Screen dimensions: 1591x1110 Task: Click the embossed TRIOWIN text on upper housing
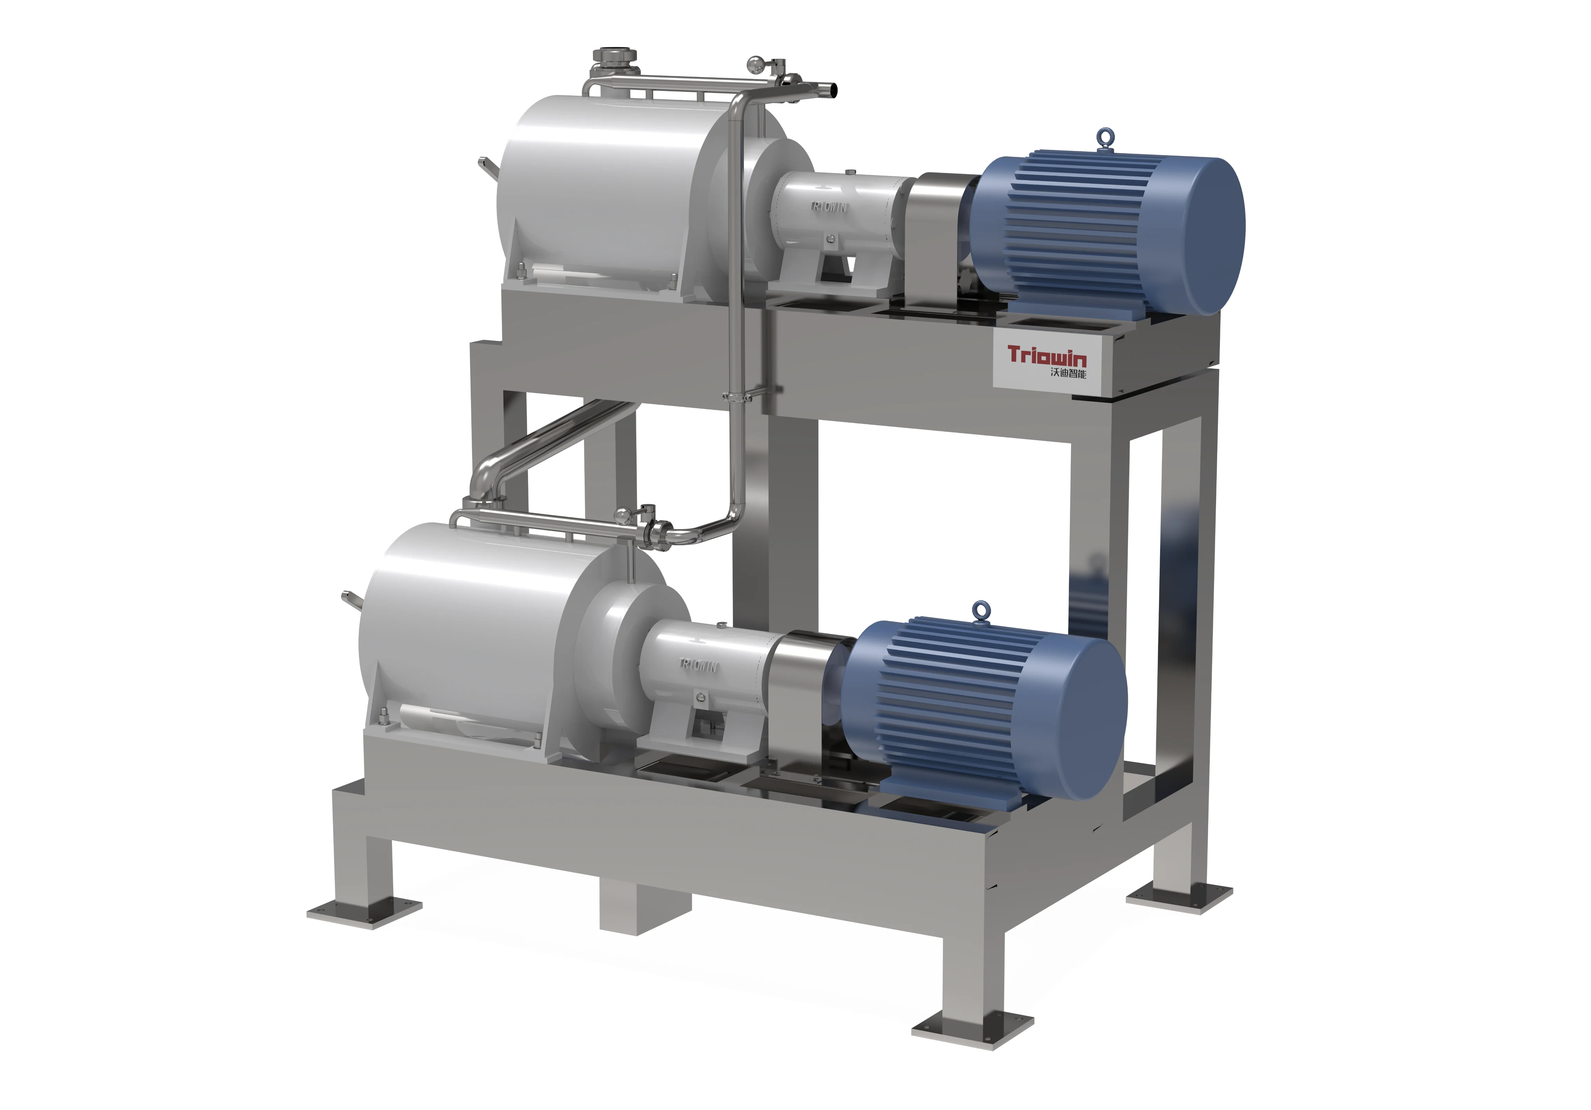coord(829,206)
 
